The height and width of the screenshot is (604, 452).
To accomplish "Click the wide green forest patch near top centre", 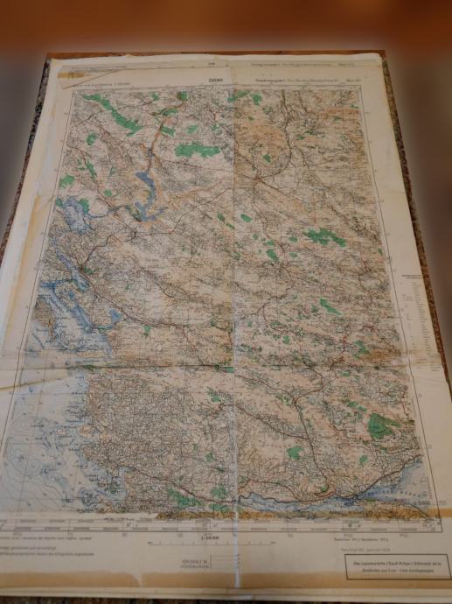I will click(198, 151).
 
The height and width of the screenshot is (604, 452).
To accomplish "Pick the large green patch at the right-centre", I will click(324, 236).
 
